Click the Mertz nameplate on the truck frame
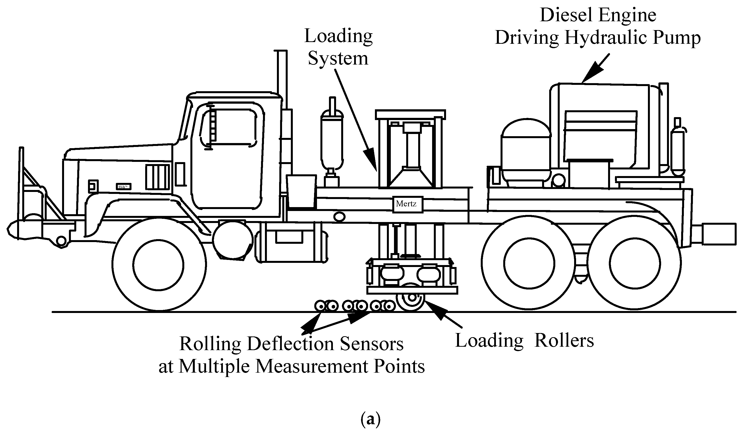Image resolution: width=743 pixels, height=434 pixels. pos(407,204)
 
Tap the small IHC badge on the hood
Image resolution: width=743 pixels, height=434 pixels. pos(123,187)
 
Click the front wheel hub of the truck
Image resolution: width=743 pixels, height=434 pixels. pos(159,265)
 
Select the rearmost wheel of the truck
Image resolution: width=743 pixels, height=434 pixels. pos(634,263)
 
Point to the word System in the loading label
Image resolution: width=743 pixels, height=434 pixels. pos(338,58)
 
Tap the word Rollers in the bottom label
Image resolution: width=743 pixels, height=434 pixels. pos(564,341)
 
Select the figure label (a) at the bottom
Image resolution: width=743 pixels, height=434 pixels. pos(370,419)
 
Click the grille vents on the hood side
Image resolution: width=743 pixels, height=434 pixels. pos(158,177)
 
